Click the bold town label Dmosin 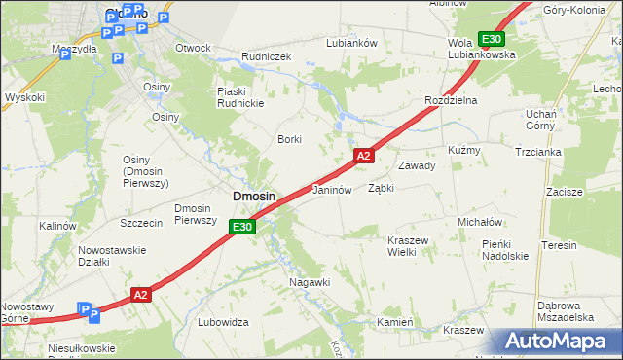(x=253, y=197)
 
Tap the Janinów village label (x=331, y=191)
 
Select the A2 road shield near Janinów (x=363, y=156)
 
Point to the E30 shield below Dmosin (x=242, y=228)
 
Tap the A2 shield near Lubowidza (x=140, y=294)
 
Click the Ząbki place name (x=381, y=189)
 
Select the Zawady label (x=416, y=165)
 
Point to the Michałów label (x=479, y=222)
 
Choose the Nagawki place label (x=310, y=282)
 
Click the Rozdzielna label (x=450, y=101)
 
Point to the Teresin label (x=561, y=246)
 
